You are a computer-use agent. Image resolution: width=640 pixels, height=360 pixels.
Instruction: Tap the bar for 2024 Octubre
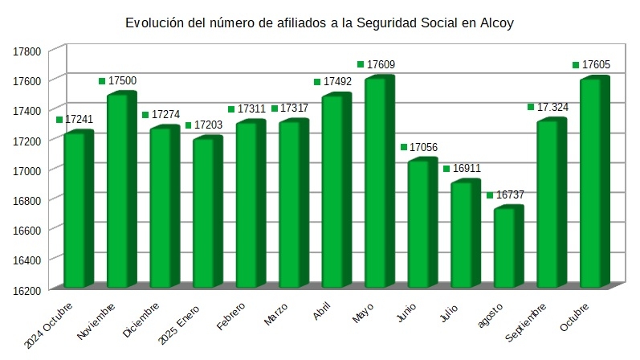point(79,211)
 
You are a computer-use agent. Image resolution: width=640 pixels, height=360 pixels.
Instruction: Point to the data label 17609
point(381,64)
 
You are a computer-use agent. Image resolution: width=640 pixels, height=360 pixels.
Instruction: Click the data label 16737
point(510,195)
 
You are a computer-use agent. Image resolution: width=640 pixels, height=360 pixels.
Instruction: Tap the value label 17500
point(122,81)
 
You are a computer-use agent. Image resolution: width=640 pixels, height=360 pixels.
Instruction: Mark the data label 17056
point(424,147)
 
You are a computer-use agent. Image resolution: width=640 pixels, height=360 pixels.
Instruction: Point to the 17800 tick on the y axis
point(27,51)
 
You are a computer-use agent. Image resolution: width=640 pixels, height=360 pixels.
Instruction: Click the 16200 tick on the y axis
point(27,288)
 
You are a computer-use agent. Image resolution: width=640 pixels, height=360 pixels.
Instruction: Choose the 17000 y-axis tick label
point(27,170)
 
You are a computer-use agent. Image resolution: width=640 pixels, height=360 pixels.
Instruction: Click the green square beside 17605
point(576,64)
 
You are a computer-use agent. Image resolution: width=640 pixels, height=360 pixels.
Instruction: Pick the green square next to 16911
point(446,169)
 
